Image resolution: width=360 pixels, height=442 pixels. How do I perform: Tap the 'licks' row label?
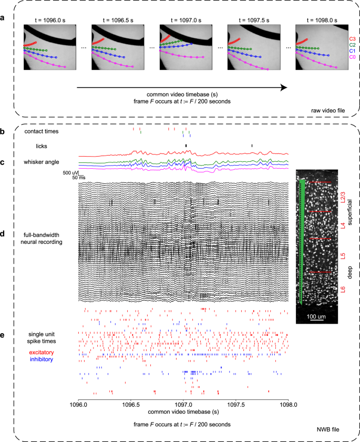point(42,146)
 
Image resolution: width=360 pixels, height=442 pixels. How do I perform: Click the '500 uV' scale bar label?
point(70,172)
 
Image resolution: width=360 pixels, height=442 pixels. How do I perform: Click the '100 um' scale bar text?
point(316,317)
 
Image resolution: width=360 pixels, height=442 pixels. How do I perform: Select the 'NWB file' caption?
point(327,430)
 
